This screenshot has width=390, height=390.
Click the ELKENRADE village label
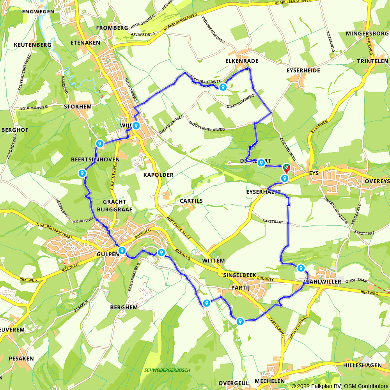click(x=242, y=61)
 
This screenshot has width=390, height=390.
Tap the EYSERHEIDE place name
click(x=303, y=70)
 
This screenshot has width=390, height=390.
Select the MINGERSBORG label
click(x=367, y=34)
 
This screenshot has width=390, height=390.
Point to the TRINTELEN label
click(x=372, y=61)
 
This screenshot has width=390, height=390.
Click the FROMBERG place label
click(x=112, y=28)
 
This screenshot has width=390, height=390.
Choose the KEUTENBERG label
click(x=32, y=45)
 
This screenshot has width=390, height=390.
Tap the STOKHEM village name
click(x=78, y=106)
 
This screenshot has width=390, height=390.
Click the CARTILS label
click(x=191, y=201)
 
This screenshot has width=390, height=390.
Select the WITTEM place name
click(x=214, y=261)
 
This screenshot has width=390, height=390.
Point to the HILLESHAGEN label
click(x=365, y=365)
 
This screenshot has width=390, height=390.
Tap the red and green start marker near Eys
click(x=287, y=168)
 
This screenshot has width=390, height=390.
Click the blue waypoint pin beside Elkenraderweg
click(x=223, y=87)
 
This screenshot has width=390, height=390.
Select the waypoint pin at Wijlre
click(x=136, y=126)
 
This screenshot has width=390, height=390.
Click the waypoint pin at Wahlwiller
click(x=301, y=268)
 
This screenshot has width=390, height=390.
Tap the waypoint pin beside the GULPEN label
click(x=122, y=250)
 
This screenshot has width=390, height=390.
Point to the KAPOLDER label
click(x=158, y=175)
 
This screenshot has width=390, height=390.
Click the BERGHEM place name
click(x=124, y=307)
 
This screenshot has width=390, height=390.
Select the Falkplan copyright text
click(x=340, y=386)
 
